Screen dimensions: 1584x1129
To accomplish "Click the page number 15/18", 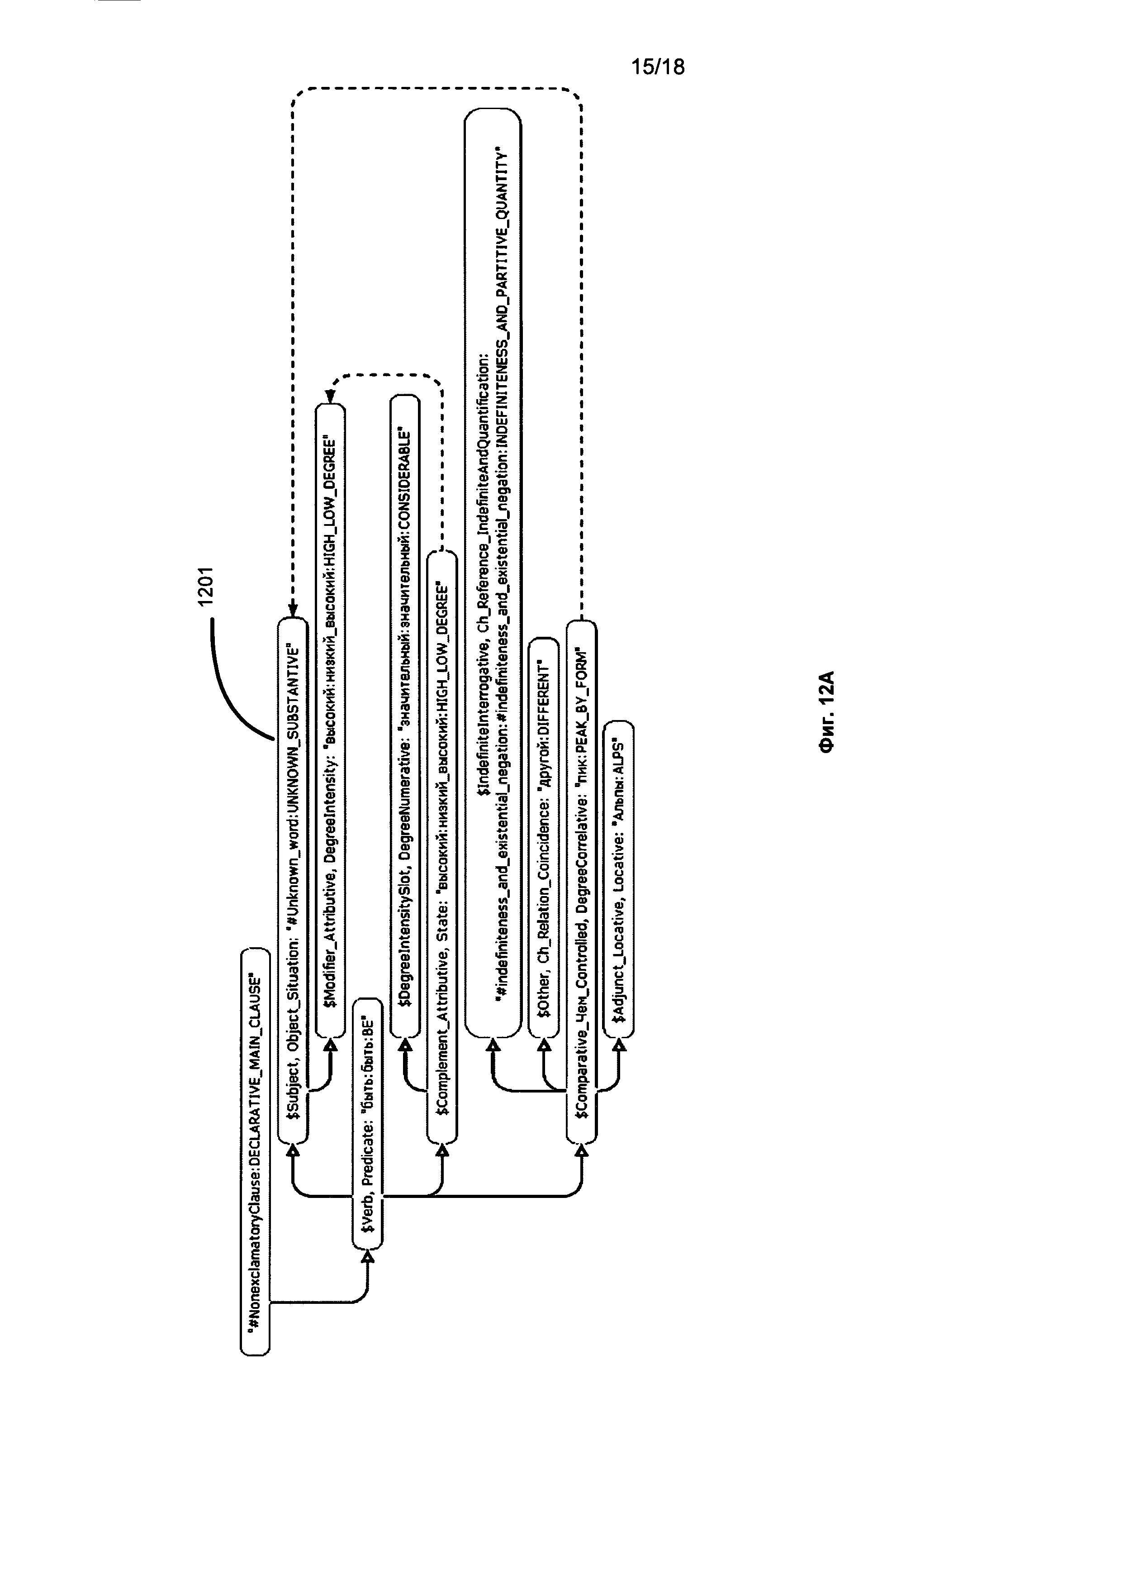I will coord(657,67).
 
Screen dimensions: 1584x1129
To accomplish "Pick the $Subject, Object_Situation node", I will coord(293,879).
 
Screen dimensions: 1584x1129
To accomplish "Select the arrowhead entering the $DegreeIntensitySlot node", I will coord(405,1045).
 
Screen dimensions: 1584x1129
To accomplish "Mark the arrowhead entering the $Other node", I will coord(544,1045).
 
